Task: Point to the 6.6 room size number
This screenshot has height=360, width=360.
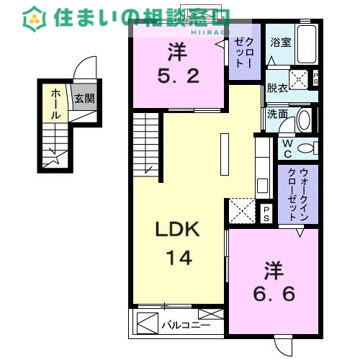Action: pyautogui.click(x=274, y=294)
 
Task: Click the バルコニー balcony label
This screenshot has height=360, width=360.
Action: pyautogui.click(x=186, y=325)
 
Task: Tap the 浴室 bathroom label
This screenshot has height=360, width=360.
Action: pyautogui.click(x=281, y=42)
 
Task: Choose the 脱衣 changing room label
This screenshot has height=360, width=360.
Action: pyautogui.click(x=277, y=87)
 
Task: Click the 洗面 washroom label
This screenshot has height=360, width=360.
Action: pyautogui.click(x=277, y=114)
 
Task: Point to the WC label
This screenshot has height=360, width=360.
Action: pyautogui.click(x=286, y=148)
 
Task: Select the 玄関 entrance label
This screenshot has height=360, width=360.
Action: pyautogui.click(x=84, y=98)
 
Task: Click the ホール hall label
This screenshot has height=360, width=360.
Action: pyautogui.click(x=55, y=104)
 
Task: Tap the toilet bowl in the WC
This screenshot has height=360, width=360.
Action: pyautogui.click(x=306, y=148)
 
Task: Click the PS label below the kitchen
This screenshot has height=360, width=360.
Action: pyautogui.click(x=266, y=212)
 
